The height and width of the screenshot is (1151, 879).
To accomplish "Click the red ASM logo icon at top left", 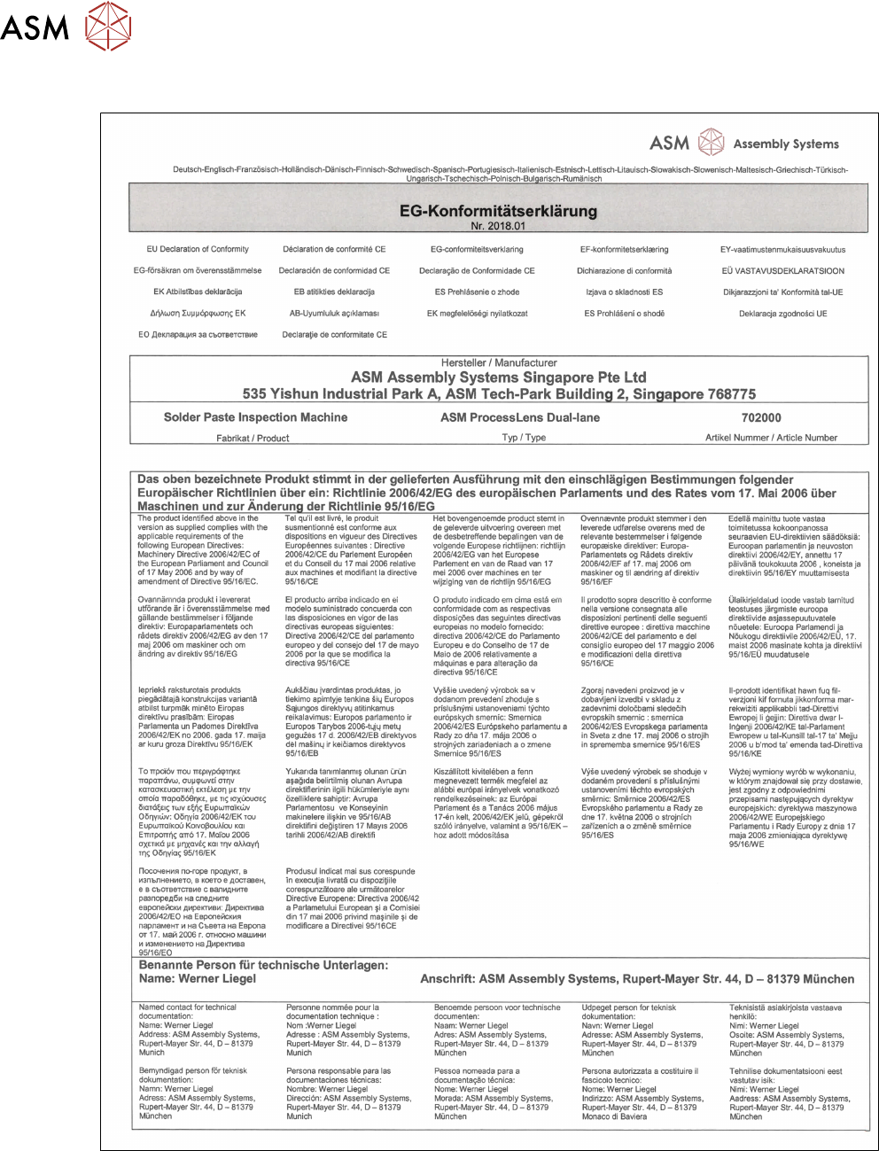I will click(x=108, y=26).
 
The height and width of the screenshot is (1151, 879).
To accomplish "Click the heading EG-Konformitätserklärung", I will click(x=498, y=211).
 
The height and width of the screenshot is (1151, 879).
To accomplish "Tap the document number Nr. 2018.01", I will click(x=498, y=226).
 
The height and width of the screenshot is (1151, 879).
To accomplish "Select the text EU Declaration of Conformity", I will click(x=198, y=250).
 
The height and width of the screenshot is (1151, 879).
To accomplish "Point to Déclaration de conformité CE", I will click(x=334, y=250).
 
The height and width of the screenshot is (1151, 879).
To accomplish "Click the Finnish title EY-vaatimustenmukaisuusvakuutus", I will click(x=782, y=250).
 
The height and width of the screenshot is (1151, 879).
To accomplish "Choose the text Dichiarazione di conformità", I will click(x=624, y=271).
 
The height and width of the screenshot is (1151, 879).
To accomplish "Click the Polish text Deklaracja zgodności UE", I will click(x=782, y=314).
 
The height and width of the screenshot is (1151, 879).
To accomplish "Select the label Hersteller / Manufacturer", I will click(x=499, y=363).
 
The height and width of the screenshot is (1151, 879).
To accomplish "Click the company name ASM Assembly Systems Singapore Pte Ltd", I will click(x=499, y=377).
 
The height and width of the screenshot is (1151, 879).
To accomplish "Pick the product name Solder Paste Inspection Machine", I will click(x=255, y=417).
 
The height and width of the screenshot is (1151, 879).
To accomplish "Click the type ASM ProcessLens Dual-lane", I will click(x=520, y=417).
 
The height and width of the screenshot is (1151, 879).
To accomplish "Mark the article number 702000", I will click(x=761, y=417).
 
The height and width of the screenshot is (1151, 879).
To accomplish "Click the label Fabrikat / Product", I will click(x=253, y=438).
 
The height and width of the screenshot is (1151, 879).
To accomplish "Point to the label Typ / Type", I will click(x=524, y=438).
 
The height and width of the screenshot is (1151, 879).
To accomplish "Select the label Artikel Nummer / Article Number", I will click(x=771, y=438).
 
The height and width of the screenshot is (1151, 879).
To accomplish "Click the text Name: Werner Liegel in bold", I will click(x=198, y=979).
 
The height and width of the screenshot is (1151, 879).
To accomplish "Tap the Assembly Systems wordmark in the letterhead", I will click(x=786, y=144).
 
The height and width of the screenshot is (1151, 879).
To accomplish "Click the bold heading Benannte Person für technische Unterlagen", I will click(x=263, y=965).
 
